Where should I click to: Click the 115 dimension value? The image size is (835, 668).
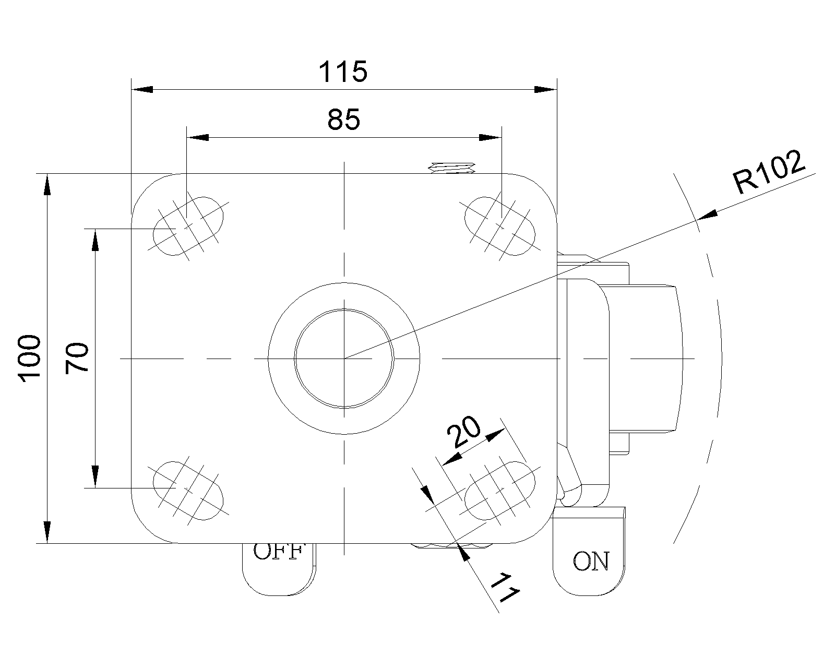[343, 72]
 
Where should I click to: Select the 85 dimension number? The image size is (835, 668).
[344, 120]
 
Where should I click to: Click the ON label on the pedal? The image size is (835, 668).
[591, 562]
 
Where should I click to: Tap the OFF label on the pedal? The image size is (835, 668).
[278, 552]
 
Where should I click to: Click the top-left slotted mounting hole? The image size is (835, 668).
[188, 226]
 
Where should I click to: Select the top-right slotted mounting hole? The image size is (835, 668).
[500, 226]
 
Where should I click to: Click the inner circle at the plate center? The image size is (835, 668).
[344, 359]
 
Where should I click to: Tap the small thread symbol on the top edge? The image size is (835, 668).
[452, 168]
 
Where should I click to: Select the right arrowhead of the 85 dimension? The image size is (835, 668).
[490, 138]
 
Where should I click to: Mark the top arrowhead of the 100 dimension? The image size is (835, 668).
[47, 186]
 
